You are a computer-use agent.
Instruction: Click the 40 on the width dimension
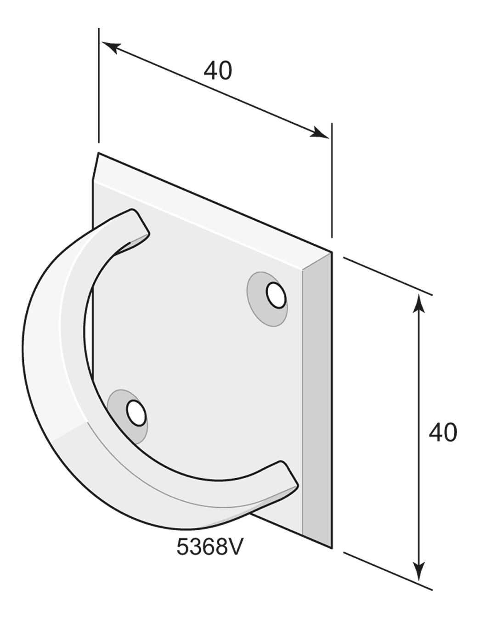tap(218, 70)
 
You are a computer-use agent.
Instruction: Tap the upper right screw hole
tap(276, 295)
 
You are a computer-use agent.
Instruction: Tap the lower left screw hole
tap(136, 413)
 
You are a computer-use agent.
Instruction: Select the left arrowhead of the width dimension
tap(112, 47)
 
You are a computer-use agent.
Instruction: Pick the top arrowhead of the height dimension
tap(418, 304)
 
